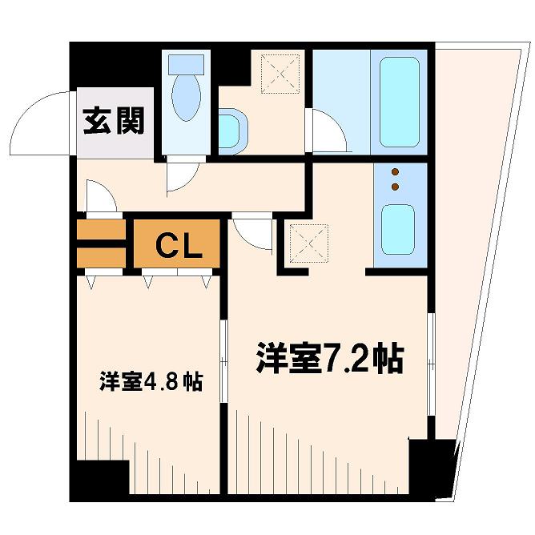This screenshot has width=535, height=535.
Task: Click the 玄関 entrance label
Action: tap(114, 121)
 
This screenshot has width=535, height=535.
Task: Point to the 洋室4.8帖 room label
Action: tap(151, 382)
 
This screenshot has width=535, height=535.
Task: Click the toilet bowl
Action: tap(186, 97)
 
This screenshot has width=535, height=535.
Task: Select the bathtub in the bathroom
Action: tap(399, 102)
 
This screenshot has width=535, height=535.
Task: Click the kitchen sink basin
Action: tap(398, 229)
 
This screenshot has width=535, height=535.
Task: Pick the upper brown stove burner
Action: tap(396, 171)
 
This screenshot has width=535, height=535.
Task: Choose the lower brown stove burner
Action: tap(396, 187)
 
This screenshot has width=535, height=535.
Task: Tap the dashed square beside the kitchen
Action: tap(308, 243)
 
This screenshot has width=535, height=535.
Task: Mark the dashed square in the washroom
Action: tap(280, 74)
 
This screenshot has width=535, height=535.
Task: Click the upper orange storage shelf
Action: tap(102, 229)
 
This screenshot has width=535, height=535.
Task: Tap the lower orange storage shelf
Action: tap(102, 258)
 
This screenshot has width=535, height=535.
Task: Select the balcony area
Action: tap(477, 239)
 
